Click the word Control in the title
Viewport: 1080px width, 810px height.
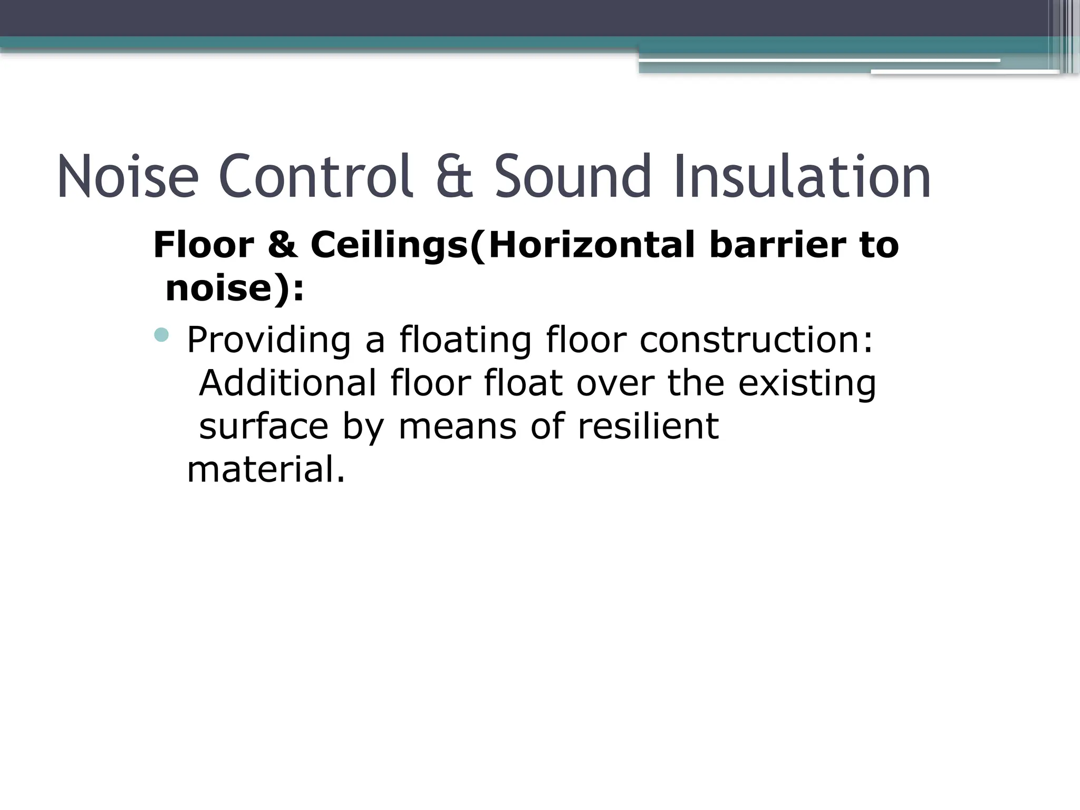tap(315, 176)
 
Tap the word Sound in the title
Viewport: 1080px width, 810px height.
tap(573, 176)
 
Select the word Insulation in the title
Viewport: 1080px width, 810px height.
tap(802, 176)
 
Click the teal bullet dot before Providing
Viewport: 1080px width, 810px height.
tap(162, 334)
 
